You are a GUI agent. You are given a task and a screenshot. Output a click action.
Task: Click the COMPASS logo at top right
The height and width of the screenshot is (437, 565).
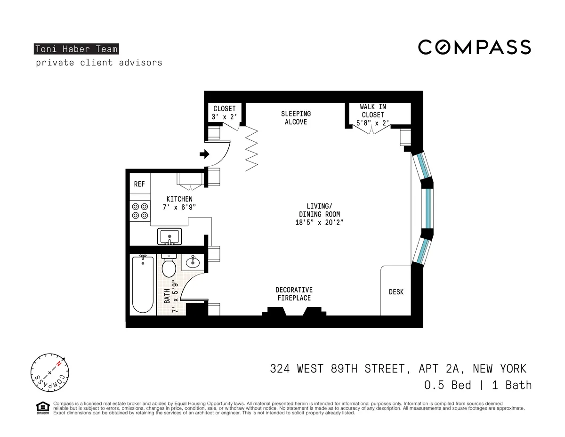(475, 47)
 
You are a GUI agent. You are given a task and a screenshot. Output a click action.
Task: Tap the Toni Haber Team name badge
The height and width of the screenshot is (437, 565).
(76, 49)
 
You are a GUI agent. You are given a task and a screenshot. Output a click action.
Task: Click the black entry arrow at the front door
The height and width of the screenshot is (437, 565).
(204, 154)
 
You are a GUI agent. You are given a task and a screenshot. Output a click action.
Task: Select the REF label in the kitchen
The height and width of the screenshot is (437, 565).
(139, 184)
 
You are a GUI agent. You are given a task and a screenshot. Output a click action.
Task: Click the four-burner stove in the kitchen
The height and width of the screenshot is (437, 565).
(139, 210)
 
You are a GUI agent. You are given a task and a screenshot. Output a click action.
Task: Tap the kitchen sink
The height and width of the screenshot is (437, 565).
(169, 236)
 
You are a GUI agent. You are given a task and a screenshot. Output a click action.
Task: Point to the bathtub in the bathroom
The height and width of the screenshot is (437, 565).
(142, 283)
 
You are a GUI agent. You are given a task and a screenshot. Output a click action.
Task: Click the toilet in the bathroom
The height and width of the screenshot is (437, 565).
(169, 267)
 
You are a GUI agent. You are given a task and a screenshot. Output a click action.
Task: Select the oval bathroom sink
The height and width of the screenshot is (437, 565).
(193, 262)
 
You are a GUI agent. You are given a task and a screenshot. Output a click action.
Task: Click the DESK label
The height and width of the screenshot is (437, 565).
(396, 292)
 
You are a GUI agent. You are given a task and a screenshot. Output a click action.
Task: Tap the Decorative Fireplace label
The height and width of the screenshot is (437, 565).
(294, 294)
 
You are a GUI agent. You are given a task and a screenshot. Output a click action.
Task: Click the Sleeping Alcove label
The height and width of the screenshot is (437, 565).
(296, 118)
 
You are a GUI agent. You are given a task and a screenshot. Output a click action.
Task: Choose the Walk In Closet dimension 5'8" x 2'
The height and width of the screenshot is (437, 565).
(373, 123)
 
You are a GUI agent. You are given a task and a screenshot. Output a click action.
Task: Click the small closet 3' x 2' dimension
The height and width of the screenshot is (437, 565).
(224, 117)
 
